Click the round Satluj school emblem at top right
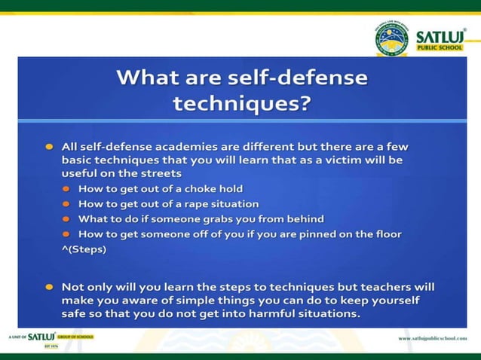coord(391,39)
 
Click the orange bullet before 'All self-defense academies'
coord(48,146)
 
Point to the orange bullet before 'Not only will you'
coord(48,288)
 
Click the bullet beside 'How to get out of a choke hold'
coord(66,189)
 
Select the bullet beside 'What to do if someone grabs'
coord(66,219)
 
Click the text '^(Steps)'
coord(84,249)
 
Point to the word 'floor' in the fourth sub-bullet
coord(384,234)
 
